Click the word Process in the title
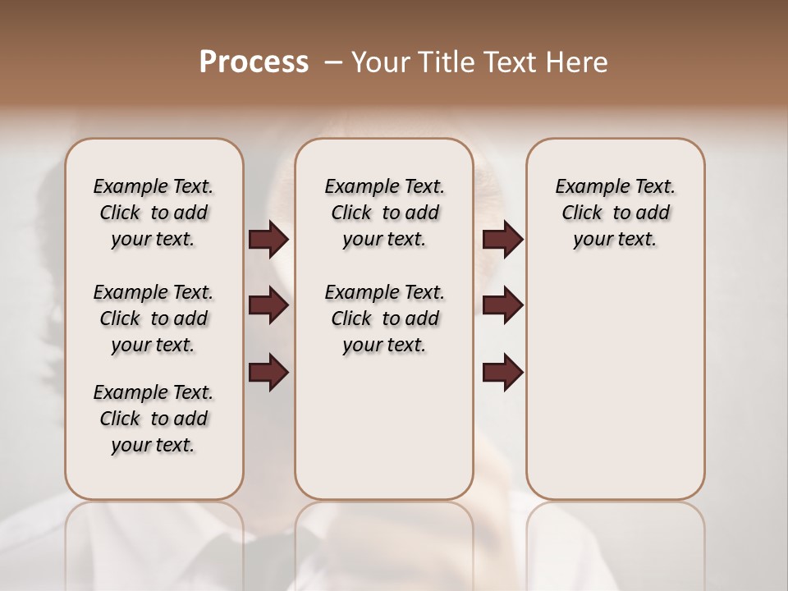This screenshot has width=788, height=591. (254, 62)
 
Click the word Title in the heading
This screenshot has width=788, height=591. (443, 62)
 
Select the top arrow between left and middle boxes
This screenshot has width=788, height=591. (268, 240)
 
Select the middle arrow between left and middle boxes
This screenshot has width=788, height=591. (268, 305)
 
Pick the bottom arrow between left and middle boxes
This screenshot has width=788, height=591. (268, 373)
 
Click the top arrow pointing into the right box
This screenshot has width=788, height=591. (502, 240)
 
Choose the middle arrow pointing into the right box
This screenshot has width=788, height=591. (502, 305)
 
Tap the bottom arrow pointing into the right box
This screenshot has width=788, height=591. (502, 373)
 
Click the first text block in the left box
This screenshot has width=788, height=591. (153, 213)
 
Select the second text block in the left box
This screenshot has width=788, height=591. (153, 318)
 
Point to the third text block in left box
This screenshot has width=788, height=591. (153, 419)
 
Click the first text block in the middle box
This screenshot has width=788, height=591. (384, 213)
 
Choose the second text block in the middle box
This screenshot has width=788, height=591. (384, 318)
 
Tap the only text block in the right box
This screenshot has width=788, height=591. (616, 213)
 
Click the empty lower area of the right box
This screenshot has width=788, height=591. (616, 394)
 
